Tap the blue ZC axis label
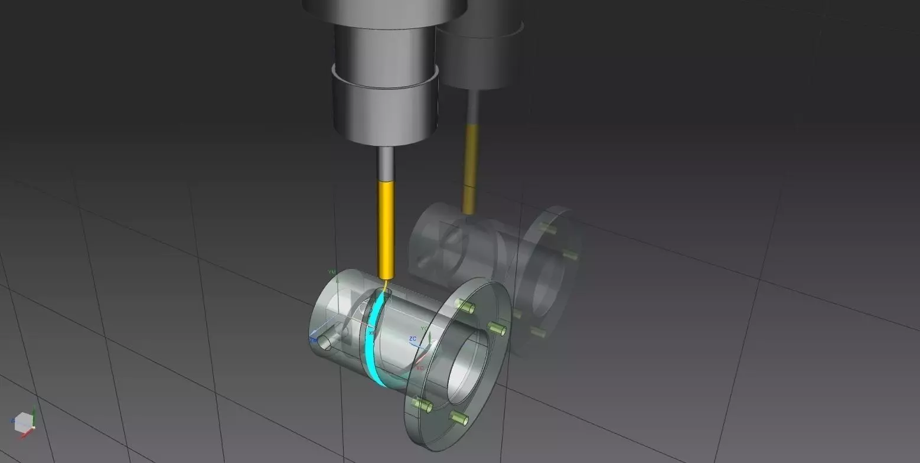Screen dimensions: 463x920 coord(413,339)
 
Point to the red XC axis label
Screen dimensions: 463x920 coord(420,368)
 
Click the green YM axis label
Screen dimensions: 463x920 coord(331,272)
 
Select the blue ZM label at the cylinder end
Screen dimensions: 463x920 coord(313,340)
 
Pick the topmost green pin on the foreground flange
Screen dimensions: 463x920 coord(465,306)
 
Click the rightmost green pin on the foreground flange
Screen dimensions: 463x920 coord(498,328)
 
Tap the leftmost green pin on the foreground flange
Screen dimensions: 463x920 coord(422,405)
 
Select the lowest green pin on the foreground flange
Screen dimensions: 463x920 coord(459,419)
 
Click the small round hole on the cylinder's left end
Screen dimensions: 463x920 coord(325,343)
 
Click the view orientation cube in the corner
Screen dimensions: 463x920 coord(23,422)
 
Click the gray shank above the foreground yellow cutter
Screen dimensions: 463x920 coord(386,163)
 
